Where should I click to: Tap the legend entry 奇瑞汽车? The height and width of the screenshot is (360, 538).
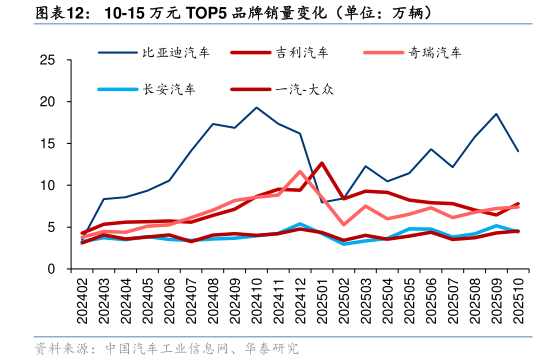tap(434, 51)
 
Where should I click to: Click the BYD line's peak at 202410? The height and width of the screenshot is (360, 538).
tap(257, 108)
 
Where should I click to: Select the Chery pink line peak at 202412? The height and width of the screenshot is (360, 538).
tap(300, 172)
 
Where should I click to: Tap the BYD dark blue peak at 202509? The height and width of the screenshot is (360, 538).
tap(496, 114)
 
